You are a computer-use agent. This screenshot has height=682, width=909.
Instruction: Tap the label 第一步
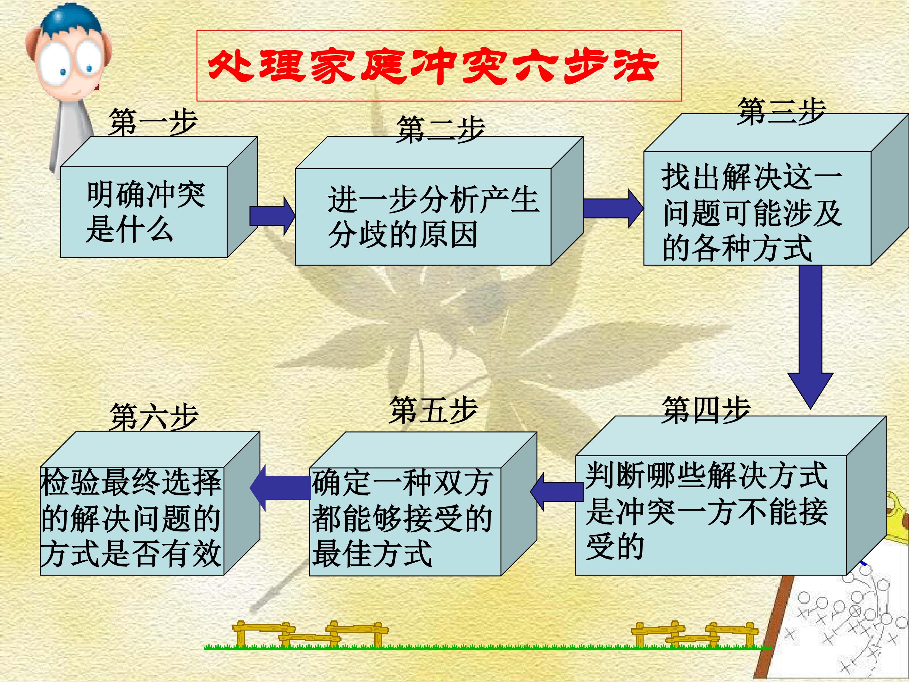(x=153, y=122)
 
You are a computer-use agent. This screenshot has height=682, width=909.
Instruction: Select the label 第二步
(x=441, y=129)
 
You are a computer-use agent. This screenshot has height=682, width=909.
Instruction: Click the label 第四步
(x=706, y=410)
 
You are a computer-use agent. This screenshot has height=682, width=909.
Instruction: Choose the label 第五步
(x=434, y=410)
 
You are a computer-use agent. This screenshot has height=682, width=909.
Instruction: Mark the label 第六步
(x=154, y=416)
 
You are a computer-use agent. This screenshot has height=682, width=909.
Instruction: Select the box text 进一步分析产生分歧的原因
(x=433, y=217)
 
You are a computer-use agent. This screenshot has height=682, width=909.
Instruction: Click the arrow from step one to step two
(x=272, y=216)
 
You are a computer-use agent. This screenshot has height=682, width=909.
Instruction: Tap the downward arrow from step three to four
(x=811, y=337)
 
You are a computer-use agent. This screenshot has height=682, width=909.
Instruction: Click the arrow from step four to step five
(x=557, y=492)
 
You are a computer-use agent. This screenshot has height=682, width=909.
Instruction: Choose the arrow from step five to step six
(x=280, y=488)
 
